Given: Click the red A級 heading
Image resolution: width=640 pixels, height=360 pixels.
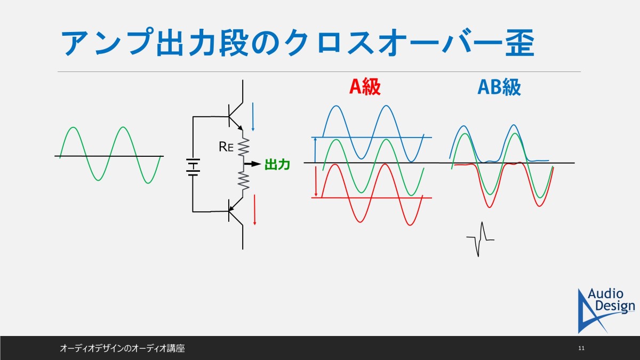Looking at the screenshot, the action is (x=365, y=86).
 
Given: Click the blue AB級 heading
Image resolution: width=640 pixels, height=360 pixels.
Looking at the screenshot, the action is (x=499, y=87).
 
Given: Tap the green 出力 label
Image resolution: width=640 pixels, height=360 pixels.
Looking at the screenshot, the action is (x=277, y=165).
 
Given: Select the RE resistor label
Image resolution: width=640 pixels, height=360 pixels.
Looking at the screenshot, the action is (x=226, y=147).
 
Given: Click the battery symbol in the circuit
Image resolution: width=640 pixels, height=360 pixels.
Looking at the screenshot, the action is (x=193, y=167).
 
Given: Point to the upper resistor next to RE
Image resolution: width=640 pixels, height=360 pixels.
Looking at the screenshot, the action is (x=243, y=147).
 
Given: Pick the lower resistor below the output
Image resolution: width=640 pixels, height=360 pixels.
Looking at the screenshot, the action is (x=243, y=181).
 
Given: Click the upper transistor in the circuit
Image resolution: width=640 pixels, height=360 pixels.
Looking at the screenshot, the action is (x=236, y=116).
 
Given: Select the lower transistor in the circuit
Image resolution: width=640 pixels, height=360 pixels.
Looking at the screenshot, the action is (x=236, y=211).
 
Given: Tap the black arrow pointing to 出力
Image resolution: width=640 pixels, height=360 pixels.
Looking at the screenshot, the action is (x=253, y=164).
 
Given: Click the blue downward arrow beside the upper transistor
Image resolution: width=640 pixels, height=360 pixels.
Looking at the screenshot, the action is (x=253, y=117).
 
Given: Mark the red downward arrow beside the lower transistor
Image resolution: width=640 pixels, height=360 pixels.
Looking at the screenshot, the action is (x=254, y=210).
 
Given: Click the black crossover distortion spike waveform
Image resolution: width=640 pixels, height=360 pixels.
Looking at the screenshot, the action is (x=481, y=239).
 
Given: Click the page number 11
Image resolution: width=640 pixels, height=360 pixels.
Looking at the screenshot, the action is (x=581, y=348).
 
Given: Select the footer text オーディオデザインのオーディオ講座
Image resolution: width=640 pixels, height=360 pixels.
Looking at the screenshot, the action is (x=122, y=348).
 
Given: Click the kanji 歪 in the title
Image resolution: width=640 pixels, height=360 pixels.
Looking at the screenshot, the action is (x=519, y=42).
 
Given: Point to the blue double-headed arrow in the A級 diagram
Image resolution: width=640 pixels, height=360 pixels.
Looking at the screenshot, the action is (x=315, y=150).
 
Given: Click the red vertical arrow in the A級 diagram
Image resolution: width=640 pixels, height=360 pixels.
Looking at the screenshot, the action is (x=316, y=181).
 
